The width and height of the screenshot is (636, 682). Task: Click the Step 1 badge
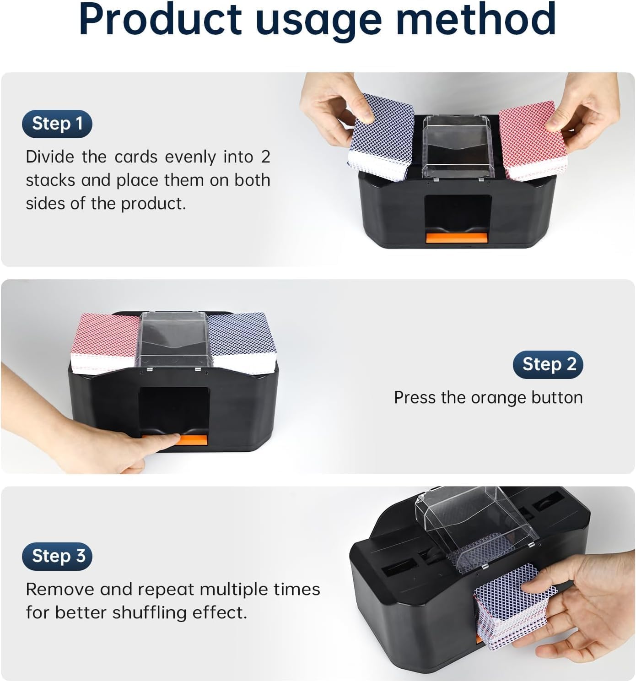click(57, 124)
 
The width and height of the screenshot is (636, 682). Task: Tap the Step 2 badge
click(548, 364)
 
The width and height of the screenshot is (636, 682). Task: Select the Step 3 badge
click(57, 556)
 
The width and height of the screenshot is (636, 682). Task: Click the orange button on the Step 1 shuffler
click(456, 238)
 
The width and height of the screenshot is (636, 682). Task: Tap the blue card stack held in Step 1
click(381, 137)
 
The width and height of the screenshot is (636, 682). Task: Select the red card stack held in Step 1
click(532, 141)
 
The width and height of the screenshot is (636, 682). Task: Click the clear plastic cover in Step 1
click(458, 147)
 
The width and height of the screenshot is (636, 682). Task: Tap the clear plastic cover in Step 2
click(173, 340)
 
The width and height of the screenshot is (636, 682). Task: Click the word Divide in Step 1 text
click(50, 157)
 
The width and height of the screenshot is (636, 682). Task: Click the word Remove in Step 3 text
click(60, 590)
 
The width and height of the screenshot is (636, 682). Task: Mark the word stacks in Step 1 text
click(50, 180)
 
